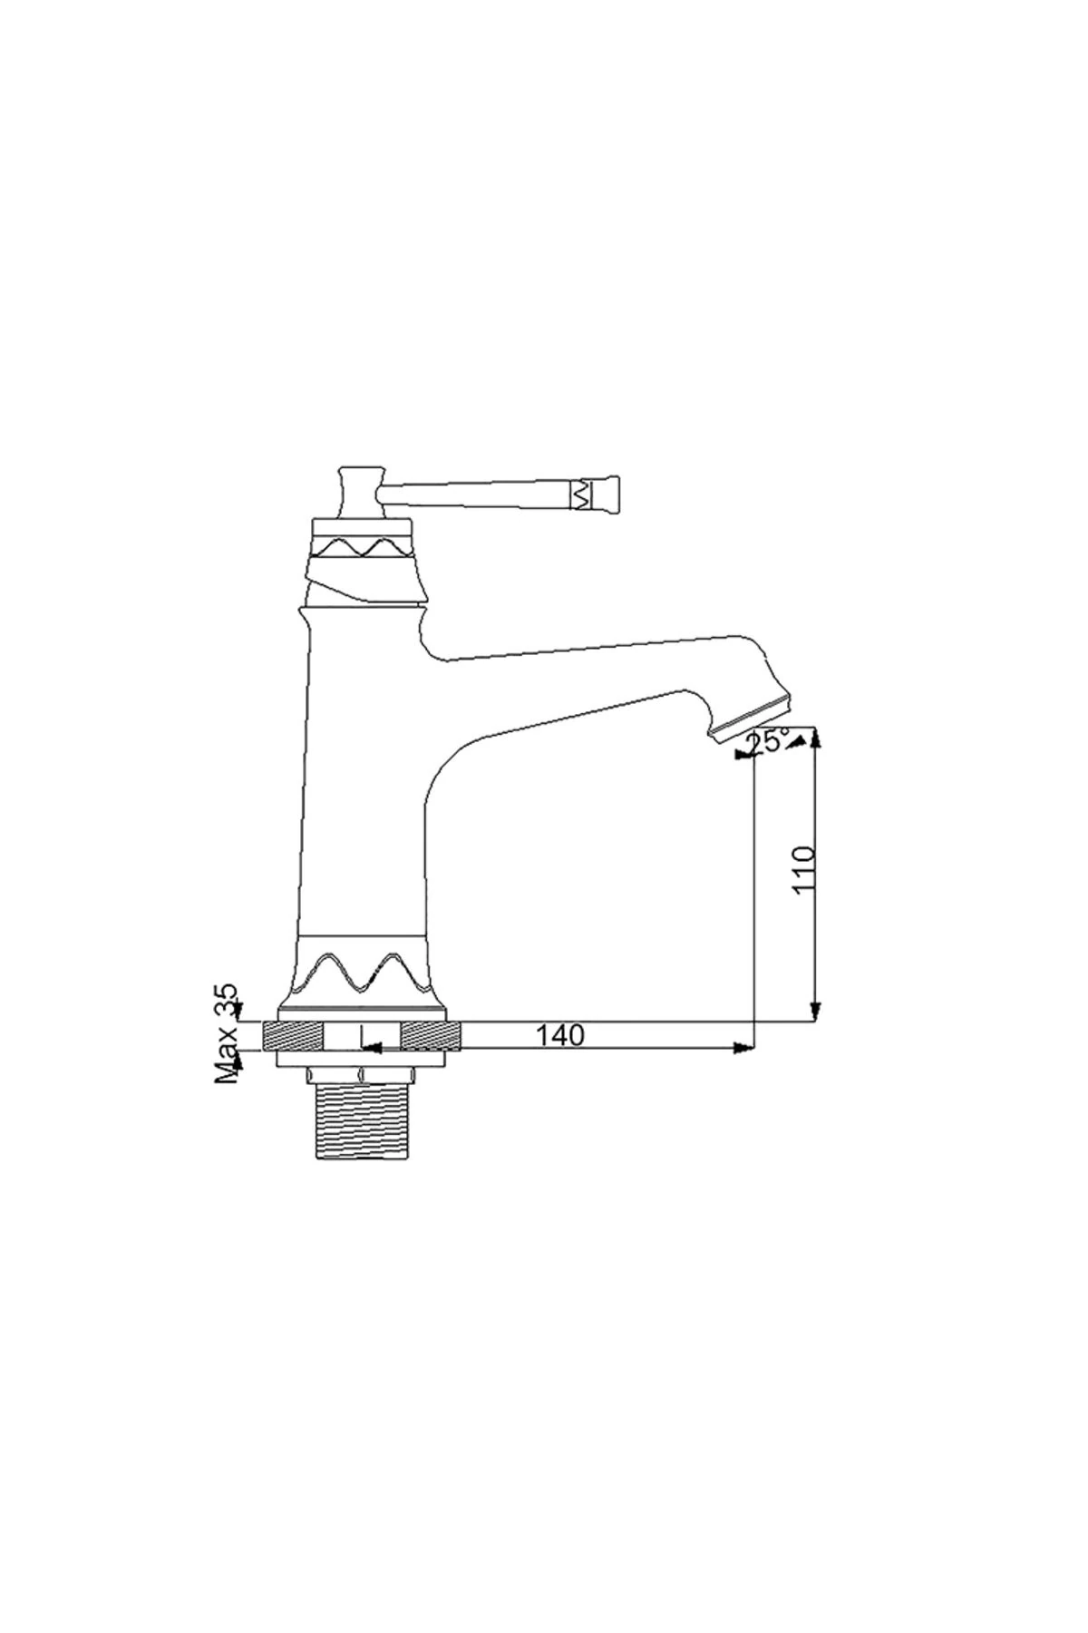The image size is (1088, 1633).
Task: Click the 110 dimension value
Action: (x=803, y=870)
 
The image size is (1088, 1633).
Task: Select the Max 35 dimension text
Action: (x=227, y=1033)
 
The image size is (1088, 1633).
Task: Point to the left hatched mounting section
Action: (x=293, y=1035)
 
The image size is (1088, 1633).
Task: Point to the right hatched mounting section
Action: (x=432, y=1035)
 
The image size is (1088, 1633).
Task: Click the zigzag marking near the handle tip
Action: (x=579, y=495)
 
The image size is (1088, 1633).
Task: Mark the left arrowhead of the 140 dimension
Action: (x=370, y=1049)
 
